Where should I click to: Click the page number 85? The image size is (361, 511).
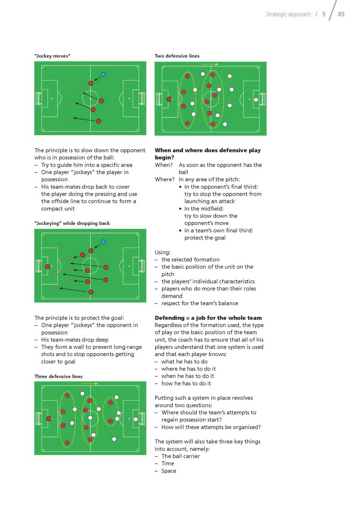click(x=341, y=14)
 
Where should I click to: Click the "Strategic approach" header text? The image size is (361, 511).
click(x=288, y=14)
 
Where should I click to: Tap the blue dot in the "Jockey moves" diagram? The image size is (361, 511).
click(x=103, y=74)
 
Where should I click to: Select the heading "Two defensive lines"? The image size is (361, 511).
click(x=177, y=56)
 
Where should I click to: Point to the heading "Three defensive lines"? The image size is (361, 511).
click(x=58, y=376)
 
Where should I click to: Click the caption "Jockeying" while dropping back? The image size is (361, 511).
click(x=72, y=223)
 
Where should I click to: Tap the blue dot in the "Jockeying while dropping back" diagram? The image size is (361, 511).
click(x=103, y=242)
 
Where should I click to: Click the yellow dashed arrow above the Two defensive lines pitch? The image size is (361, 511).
click(x=210, y=64)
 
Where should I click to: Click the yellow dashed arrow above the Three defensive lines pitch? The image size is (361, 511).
click(x=90, y=384)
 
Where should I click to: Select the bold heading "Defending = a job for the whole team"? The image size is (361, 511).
click(x=208, y=318)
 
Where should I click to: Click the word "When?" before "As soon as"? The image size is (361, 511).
click(x=164, y=165)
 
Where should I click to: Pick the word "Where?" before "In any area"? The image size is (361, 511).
click(x=165, y=179)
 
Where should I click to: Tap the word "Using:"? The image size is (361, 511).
click(x=163, y=252)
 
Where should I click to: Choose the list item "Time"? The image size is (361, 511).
click(x=168, y=463)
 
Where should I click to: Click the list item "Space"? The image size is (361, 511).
click(x=169, y=471)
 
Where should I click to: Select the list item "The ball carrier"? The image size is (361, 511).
click(x=180, y=456)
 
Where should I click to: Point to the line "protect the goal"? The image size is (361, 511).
click(x=205, y=237)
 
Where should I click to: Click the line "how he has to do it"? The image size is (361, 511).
click(x=186, y=383)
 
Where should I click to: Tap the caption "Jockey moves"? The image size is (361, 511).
click(x=52, y=56)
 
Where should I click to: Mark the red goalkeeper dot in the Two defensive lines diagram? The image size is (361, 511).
click(x=169, y=99)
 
